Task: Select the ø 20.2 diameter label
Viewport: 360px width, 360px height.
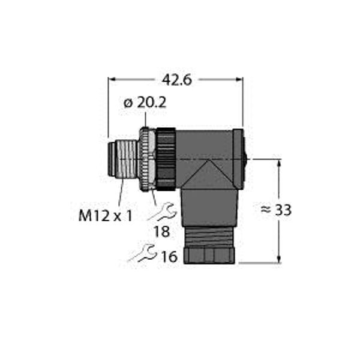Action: (145, 103)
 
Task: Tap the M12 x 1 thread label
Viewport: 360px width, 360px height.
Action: (105, 215)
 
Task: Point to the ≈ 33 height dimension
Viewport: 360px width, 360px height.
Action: (277, 211)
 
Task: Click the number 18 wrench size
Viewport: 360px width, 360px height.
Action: (161, 232)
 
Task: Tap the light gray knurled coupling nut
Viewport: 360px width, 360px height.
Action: (147, 159)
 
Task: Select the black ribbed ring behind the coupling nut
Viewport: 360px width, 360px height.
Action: (166, 159)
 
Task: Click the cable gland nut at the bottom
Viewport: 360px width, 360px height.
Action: (209, 255)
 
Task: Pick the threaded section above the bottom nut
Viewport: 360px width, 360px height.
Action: (209, 235)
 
